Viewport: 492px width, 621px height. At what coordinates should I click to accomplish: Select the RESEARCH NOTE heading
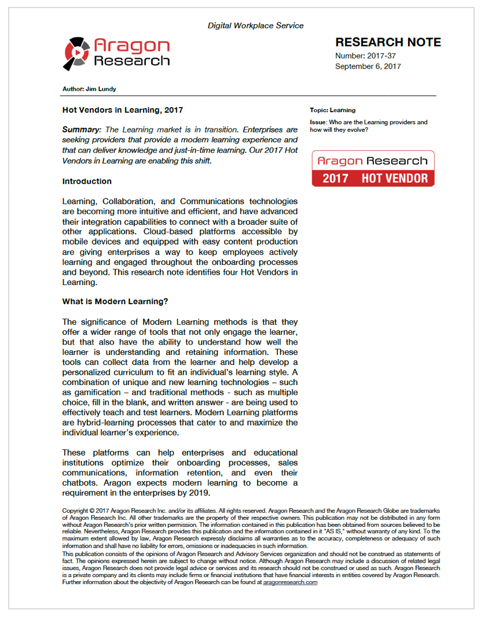pyautogui.click(x=388, y=42)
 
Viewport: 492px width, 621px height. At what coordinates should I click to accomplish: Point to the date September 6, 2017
pyautogui.click(x=368, y=66)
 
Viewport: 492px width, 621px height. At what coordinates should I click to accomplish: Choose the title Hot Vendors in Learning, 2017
pyautogui.click(x=123, y=109)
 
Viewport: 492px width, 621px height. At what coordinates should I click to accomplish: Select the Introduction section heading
pyautogui.click(x=87, y=181)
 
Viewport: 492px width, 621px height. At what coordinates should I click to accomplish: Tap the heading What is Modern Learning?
pyautogui.click(x=115, y=301)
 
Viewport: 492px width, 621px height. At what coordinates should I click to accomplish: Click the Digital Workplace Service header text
pyautogui.click(x=255, y=25)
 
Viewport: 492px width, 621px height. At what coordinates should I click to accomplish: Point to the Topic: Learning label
pyautogui.click(x=333, y=110)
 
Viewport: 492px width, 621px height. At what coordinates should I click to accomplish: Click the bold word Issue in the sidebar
pyautogui.click(x=318, y=123)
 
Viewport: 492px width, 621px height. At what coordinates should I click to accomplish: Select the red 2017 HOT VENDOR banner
pyautogui.click(x=373, y=178)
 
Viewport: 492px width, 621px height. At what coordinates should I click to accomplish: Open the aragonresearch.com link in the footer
pyautogui.click(x=290, y=582)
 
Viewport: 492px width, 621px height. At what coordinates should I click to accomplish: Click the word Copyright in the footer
pyautogui.click(x=75, y=511)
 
